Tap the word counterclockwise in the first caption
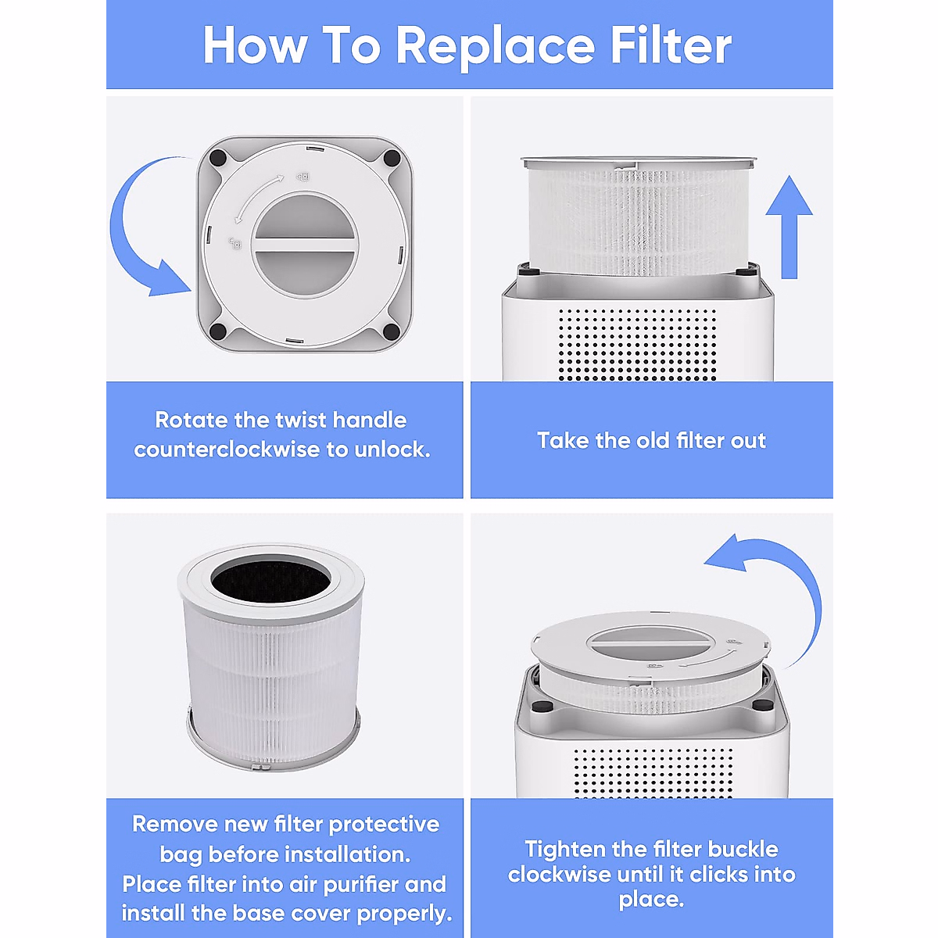pyautogui.click(x=227, y=449)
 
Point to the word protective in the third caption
pyautogui.click(x=384, y=825)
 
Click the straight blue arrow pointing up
pyautogui.click(x=789, y=227)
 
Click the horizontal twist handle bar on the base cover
pyautogui.click(x=306, y=245)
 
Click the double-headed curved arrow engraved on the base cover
pyautogui.click(x=259, y=199)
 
